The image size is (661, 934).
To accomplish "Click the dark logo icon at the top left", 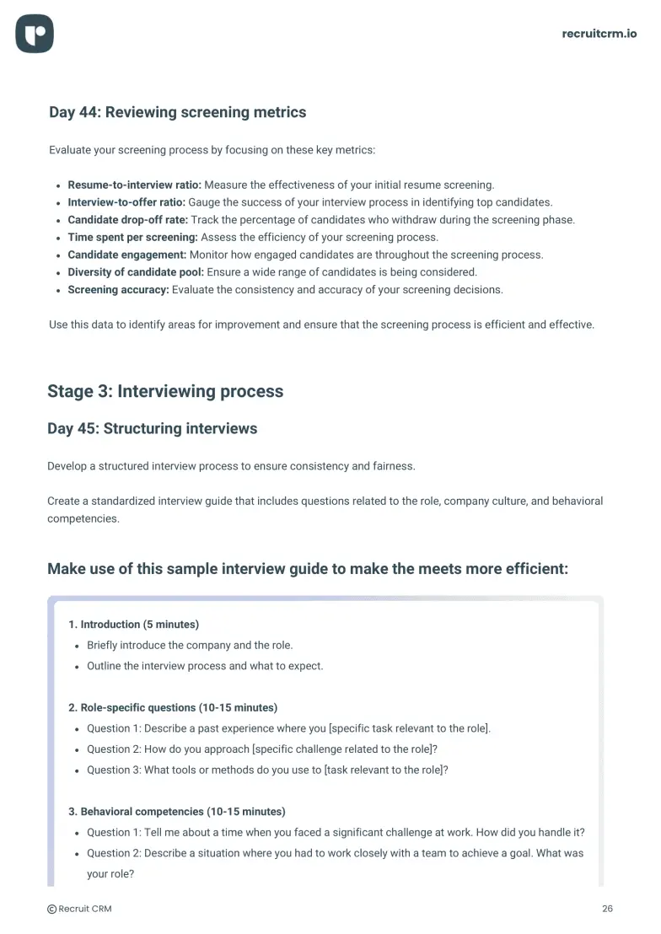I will [35, 35].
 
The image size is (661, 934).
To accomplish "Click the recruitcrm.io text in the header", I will [599, 34].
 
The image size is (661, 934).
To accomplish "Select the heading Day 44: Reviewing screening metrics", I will [177, 112].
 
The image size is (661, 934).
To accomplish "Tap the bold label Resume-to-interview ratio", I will [134, 185].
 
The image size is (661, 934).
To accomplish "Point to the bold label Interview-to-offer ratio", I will [126, 202].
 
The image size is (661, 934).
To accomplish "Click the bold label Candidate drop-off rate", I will [127, 220].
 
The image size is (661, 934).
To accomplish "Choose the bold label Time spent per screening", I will [132, 237].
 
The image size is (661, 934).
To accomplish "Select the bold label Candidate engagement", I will [126, 255].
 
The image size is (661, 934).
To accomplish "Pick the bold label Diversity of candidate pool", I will [136, 272].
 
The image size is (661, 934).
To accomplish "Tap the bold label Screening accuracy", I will [118, 290].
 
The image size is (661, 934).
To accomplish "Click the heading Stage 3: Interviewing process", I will [165, 391].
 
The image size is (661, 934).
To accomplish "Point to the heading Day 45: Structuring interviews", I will [152, 428].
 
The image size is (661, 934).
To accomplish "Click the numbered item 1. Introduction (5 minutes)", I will [133, 625].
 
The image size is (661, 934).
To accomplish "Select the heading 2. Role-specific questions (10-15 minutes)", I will [173, 707].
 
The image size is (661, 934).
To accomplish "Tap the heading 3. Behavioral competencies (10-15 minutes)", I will [177, 812].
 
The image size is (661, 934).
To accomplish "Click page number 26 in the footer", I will [607, 909].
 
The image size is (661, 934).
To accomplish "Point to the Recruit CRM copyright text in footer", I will [79, 909].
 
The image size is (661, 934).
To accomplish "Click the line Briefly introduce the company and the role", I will [190, 645].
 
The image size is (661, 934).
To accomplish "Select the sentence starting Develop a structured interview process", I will [231, 466].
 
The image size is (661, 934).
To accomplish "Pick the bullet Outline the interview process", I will [205, 666].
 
